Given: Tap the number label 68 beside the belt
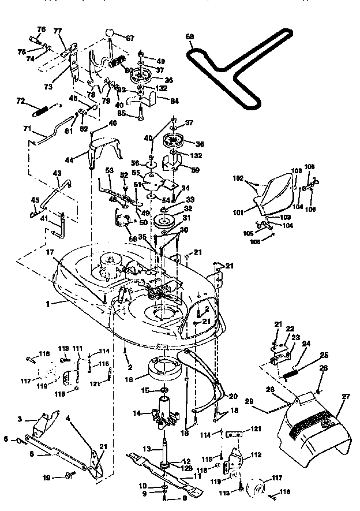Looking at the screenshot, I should point(190,36).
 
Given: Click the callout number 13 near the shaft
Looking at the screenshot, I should point(147,448).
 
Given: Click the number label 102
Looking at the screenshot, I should point(238,179).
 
